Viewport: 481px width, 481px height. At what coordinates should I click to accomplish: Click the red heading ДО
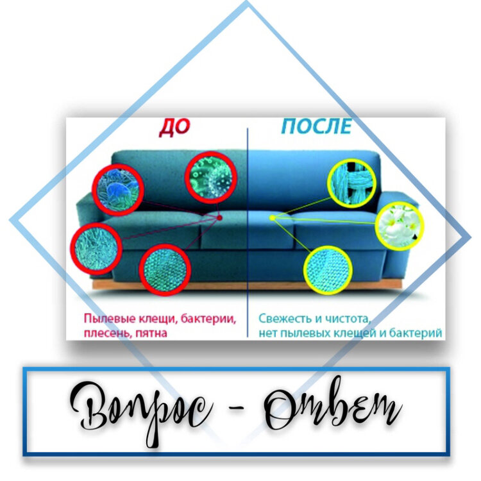coord(174,126)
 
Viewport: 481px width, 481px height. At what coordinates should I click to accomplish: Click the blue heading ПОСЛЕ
coord(316,126)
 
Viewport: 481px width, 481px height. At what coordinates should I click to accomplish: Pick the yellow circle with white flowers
coord(399,226)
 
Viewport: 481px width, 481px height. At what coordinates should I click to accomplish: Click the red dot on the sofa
coord(219,219)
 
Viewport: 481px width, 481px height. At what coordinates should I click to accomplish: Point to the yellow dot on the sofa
coord(273,219)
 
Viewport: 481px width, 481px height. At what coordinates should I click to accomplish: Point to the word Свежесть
coord(285,319)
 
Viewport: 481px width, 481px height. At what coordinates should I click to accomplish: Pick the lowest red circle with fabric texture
coord(165,268)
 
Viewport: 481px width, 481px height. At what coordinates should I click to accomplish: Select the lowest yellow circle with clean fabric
coord(328,269)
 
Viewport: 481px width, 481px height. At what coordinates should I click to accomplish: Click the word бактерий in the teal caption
coord(420,333)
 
